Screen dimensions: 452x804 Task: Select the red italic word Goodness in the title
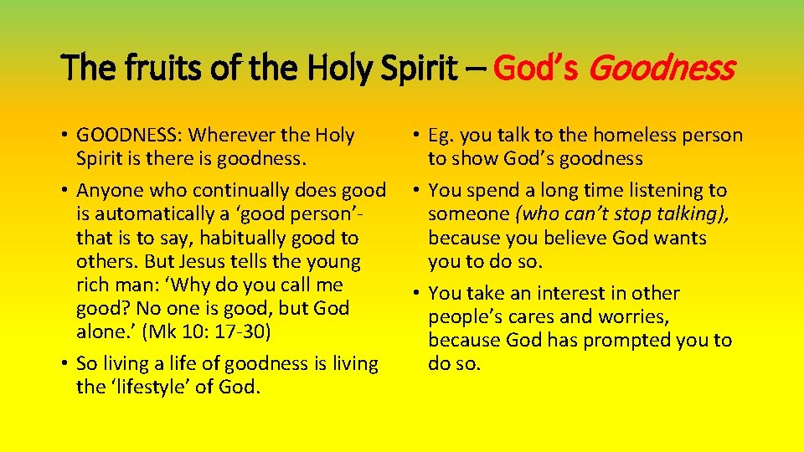point(662,67)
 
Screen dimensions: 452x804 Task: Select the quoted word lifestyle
point(157,387)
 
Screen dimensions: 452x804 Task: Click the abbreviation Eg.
point(441,135)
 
